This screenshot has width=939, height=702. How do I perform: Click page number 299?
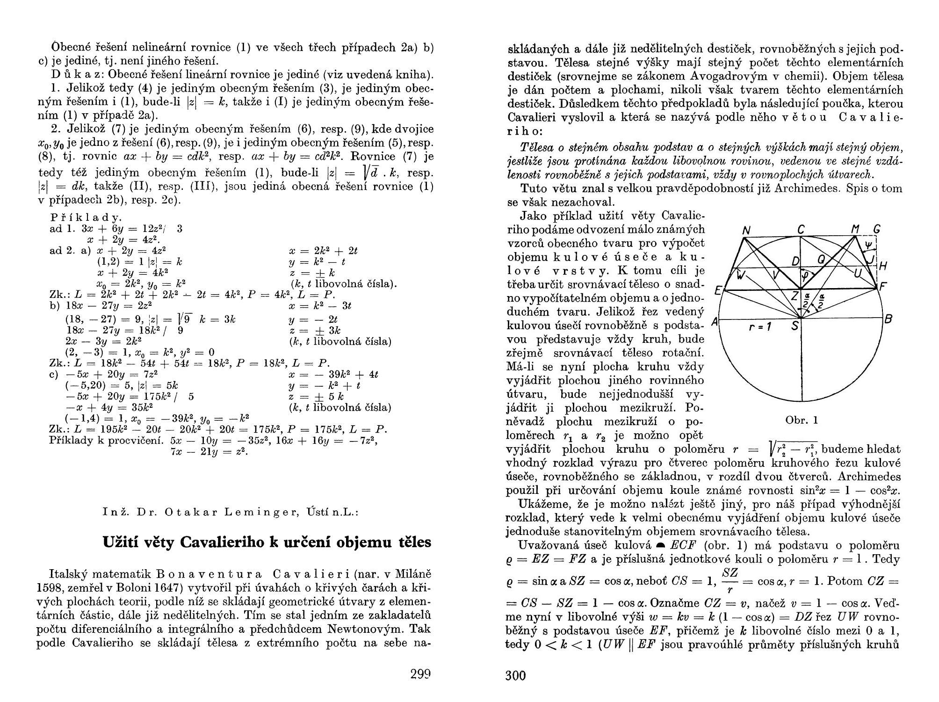click(420, 674)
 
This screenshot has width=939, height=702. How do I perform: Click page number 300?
click(516, 675)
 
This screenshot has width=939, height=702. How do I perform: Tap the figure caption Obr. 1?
click(802, 420)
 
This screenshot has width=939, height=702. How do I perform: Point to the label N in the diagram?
click(746, 231)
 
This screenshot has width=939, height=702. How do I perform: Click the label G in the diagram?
click(877, 229)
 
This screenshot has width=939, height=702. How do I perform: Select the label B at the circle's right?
click(888, 319)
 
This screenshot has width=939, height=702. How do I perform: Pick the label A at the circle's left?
click(714, 322)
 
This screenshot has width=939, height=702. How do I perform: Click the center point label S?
click(795, 326)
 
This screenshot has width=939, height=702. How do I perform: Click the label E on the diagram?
click(718, 291)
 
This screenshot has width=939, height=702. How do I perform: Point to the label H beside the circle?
click(883, 266)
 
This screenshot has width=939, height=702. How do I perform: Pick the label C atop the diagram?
click(801, 230)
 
